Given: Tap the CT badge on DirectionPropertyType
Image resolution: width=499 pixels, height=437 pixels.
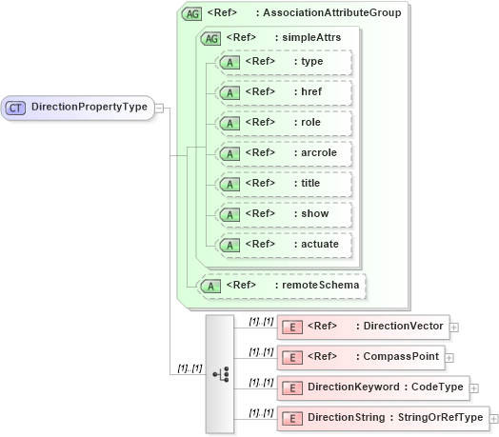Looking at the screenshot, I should pyautogui.click(x=15, y=108).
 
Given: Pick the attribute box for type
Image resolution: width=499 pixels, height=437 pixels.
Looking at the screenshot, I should pyautogui.click(x=285, y=63).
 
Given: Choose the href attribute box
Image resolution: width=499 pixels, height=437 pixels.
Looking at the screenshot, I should pyautogui.click(x=285, y=93).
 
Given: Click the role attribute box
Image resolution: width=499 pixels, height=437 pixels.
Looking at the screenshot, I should pyautogui.click(x=285, y=124).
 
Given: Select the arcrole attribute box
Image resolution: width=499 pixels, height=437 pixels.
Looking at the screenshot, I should pyautogui.click(x=285, y=153).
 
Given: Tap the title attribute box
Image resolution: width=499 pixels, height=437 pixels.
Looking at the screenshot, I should pyautogui.click(x=285, y=184).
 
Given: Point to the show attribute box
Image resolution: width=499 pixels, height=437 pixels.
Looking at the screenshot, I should pyautogui.click(x=285, y=214).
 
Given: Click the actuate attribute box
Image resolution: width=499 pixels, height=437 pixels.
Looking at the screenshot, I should pyautogui.click(x=285, y=245).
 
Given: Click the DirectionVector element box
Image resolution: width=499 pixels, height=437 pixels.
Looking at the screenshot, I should pyautogui.click(x=362, y=328).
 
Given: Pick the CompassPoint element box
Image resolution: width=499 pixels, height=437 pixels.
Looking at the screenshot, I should pyautogui.click(x=360, y=358).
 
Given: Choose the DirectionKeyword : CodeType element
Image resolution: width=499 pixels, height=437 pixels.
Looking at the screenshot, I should pyautogui.click(x=371, y=388).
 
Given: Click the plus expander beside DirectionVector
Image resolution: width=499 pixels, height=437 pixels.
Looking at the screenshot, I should pyautogui.click(x=454, y=328).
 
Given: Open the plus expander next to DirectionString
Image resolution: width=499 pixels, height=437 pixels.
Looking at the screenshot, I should pyautogui.click(x=493, y=419).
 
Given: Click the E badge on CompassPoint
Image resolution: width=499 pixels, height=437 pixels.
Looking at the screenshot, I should pyautogui.click(x=293, y=358).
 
